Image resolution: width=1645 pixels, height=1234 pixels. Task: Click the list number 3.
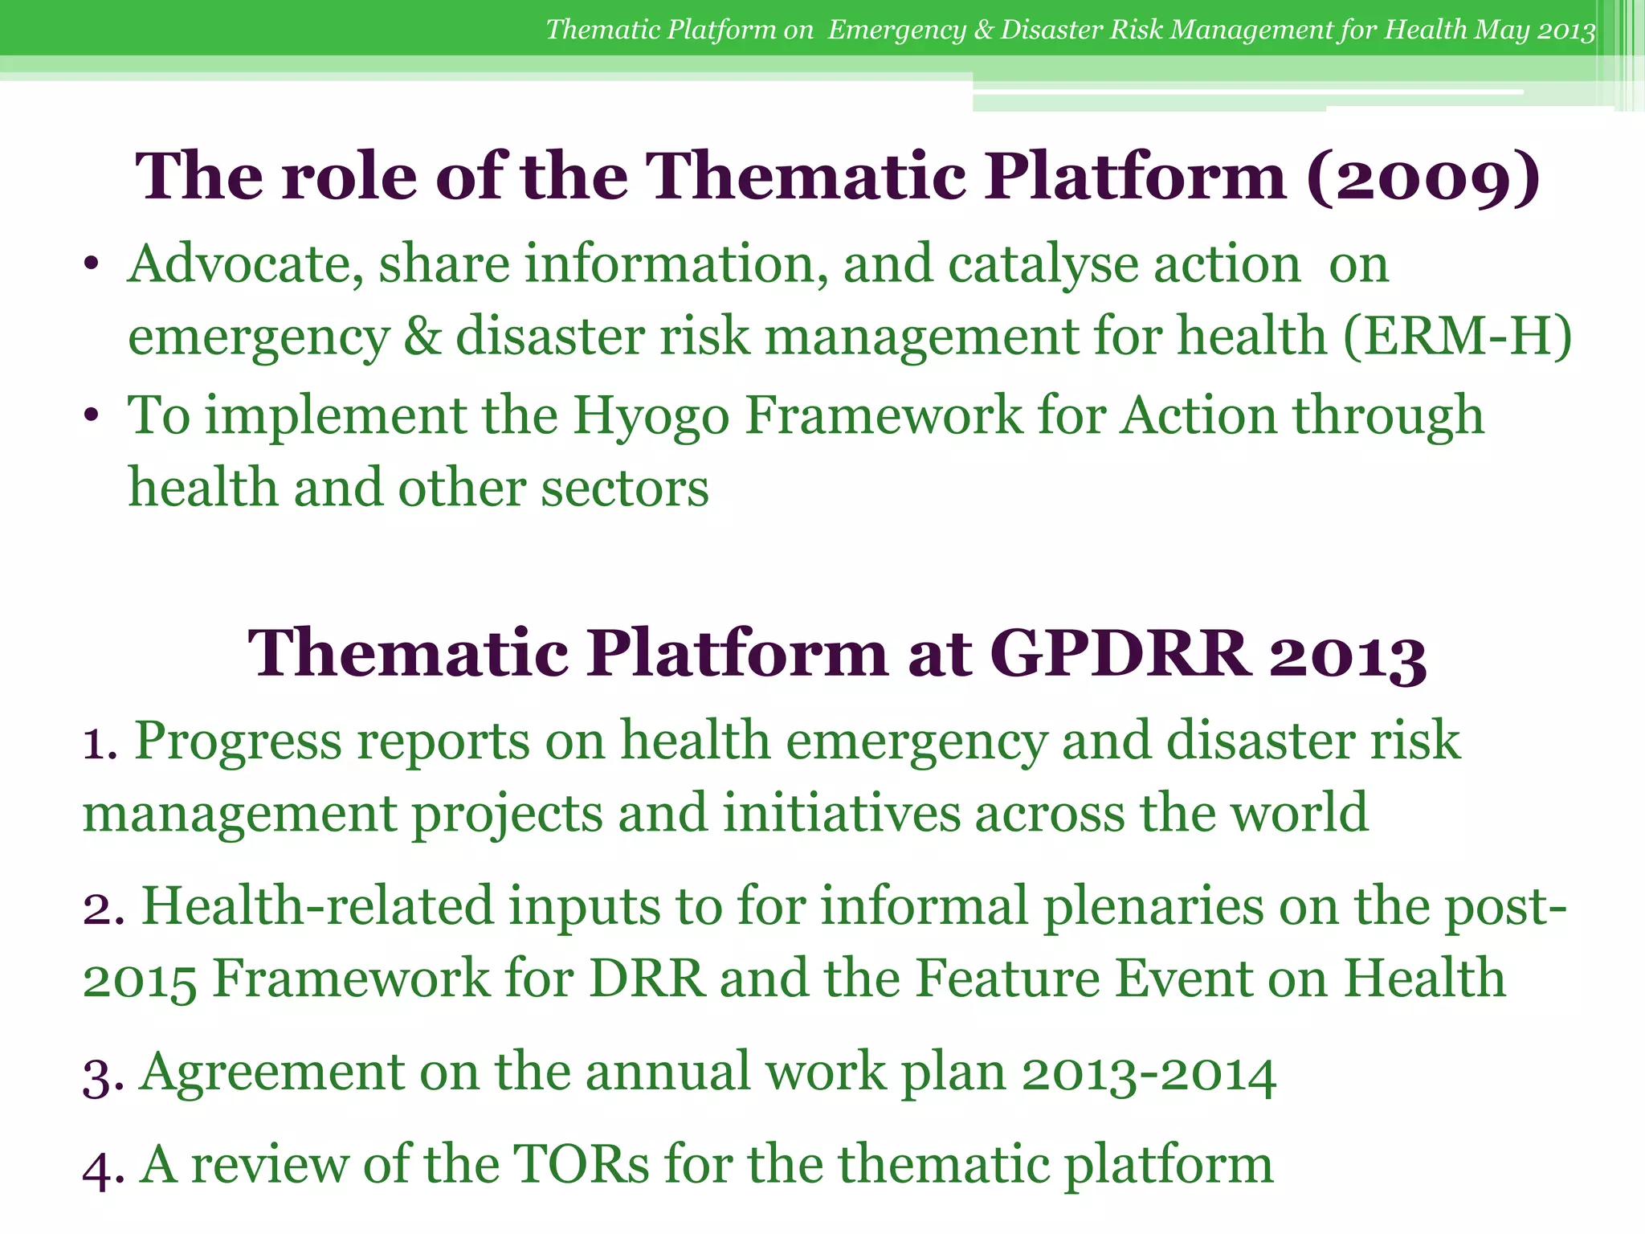click(x=98, y=1076)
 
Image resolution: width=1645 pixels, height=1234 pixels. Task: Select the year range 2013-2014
click(x=1149, y=1073)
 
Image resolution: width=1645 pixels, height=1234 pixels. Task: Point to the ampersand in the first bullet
click(x=422, y=336)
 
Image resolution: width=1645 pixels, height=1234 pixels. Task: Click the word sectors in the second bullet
click(x=624, y=488)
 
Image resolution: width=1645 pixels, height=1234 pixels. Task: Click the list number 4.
click(x=98, y=1167)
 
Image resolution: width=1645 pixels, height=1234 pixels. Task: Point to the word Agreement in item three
click(x=271, y=1073)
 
